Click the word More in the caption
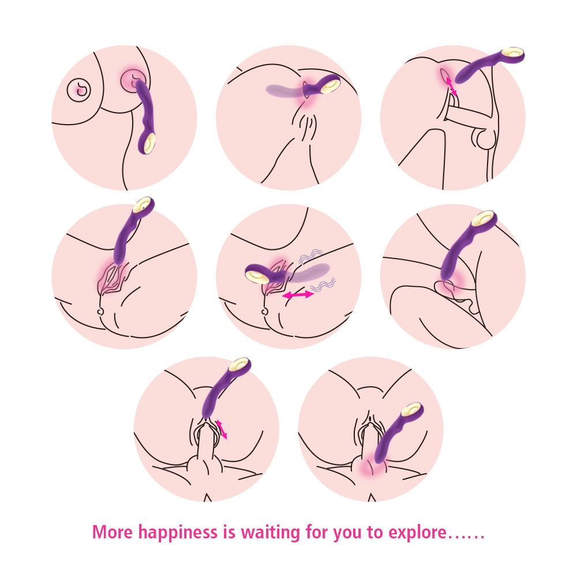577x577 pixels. [113, 532]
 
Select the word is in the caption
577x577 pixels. [229, 532]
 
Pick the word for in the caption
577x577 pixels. [317, 532]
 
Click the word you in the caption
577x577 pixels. [347, 534]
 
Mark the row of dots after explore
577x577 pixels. [466, 538]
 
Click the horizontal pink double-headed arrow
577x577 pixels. [298, 295]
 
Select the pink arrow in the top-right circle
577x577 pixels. [451, 87]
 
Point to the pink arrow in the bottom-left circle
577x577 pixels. [222, 429]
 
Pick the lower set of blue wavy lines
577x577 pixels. [323, 285]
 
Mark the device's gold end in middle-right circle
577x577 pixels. [483, 219]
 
